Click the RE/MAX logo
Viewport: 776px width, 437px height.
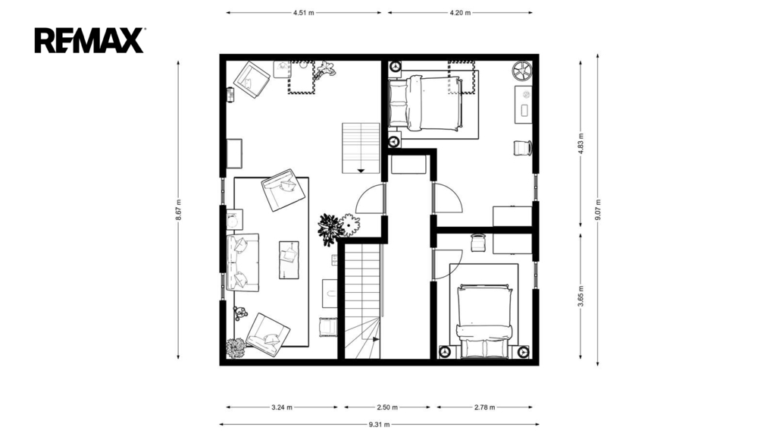(x=89, y=41)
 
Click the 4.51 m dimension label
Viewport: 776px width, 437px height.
(x=303, y=13)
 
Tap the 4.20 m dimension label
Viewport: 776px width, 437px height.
(x=460, y=13)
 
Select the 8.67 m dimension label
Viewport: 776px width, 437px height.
(x=178, y=210)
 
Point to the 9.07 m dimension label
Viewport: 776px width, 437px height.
(x=598, y=210)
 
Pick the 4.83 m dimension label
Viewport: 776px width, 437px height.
(x=581, y=143)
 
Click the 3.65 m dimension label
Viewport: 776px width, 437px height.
(x=581, y=297)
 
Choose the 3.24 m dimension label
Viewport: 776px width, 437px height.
(x=282, y=407)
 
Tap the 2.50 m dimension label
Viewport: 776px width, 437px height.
(x=387, y=407)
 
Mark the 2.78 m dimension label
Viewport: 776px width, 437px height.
(x=484, y=407)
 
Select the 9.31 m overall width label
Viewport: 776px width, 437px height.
(x=379, y=424)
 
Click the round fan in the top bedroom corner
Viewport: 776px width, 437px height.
(x=521, y=71)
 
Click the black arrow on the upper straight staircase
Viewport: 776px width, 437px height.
(x=361, y=171)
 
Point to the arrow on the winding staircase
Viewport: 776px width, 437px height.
(x=376, y=339)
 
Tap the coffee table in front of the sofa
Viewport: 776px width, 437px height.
(x=289, y=259)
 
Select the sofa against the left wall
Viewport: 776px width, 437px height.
(x=242, y=263)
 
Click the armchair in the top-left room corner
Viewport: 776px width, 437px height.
(x=252, y=79)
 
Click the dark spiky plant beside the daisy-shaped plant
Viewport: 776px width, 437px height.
(x=330, y=229)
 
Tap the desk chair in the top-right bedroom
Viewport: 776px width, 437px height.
(x=523, y=148)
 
